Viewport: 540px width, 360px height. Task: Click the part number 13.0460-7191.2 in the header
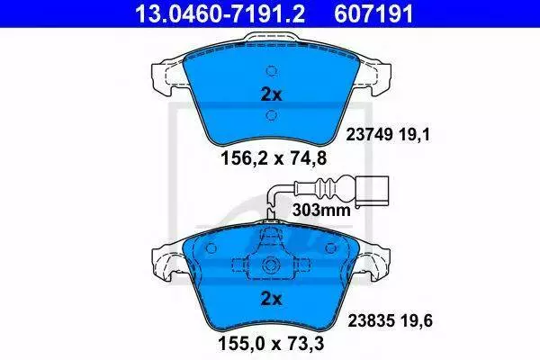[220, 13]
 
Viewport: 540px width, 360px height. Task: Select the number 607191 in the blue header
[373, 13]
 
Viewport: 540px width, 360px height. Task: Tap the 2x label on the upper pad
[272, 94]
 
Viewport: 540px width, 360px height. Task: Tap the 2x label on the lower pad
[272, 299]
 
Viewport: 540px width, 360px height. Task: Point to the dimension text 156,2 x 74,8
[273, 158]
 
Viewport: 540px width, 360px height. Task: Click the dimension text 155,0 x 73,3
[271, 344]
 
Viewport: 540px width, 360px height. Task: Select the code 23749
[369, 134]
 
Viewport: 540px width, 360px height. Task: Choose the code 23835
[371, 321]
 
